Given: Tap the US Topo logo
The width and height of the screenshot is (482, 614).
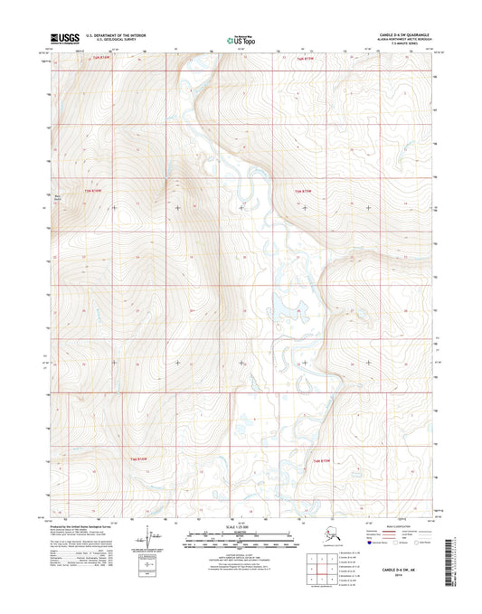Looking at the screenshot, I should click(241, 40).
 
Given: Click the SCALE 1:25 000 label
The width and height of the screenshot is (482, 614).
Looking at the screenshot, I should click(241, 526).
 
